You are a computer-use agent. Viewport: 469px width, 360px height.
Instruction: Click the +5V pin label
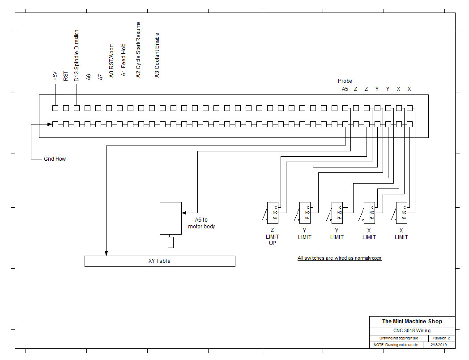point(55,76)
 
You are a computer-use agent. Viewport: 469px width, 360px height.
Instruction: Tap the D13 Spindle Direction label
point(77,56)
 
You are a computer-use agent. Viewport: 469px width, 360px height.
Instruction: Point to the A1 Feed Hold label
point(124,60)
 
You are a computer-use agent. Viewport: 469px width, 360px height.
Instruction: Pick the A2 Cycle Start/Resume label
point(138,50)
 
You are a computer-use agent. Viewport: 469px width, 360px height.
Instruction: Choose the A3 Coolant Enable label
point(157,55)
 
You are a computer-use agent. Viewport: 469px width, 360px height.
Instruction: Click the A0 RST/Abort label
point(111,60)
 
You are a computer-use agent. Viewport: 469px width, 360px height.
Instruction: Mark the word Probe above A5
point(345,81)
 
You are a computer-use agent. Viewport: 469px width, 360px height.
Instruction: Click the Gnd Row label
point(55,159)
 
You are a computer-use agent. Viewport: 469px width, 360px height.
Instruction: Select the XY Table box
point(160,261)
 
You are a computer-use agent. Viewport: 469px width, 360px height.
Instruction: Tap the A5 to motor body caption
point(201,223)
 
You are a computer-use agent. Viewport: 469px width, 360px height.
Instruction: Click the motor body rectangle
point(171,218)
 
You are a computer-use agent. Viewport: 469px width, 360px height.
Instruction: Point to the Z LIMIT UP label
point(273,237)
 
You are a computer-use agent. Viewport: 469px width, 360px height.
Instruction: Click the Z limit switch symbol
point(272,213)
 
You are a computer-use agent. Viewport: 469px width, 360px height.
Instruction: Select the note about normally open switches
point(340,258)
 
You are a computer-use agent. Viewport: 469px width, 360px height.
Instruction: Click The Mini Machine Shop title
point(412,321)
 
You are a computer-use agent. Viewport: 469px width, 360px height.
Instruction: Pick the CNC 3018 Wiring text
point(412,330)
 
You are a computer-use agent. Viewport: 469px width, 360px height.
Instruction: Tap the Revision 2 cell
point(441,338)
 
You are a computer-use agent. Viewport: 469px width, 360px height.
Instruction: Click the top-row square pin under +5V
point(55,108)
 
